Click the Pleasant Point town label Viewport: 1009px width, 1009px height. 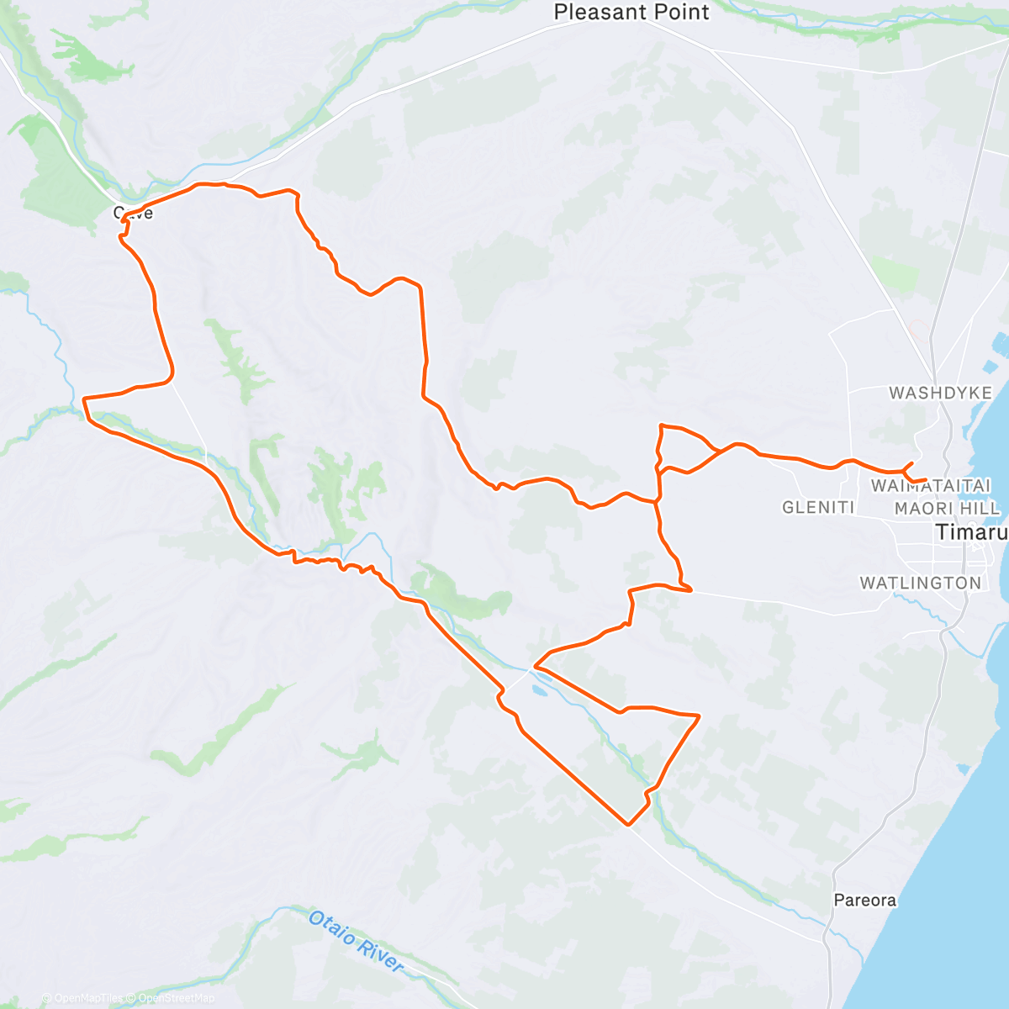point(631,13)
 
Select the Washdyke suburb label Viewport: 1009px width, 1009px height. point(940,393)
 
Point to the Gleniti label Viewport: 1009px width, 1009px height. point(818,507)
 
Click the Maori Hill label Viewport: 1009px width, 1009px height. point(948,508)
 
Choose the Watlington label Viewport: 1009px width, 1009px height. point(920,583)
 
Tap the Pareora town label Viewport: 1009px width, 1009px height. point(864,901)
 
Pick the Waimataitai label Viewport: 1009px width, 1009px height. point(931,485)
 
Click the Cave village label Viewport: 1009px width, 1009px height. point(134,214)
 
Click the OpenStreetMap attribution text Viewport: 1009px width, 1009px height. point(177,998)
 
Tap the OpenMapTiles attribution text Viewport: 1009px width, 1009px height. point(88,998)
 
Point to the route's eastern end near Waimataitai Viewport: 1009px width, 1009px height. point(925,480)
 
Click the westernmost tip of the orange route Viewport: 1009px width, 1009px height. point(83,399)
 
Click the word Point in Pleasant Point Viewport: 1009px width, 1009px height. point(677,13)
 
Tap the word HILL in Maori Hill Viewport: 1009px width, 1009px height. point(982,508)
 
